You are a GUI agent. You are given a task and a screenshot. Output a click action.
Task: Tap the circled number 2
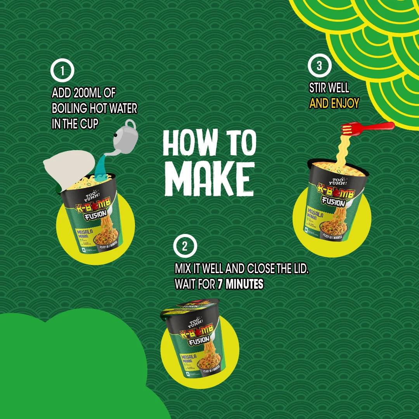click(185, 246)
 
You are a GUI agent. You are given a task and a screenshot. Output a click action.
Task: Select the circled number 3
click(319, 66)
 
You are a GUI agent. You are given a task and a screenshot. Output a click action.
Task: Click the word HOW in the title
click(190, 143)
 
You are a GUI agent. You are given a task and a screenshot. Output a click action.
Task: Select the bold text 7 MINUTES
click(240, 284)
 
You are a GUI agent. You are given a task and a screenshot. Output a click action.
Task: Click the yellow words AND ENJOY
click(334, 103)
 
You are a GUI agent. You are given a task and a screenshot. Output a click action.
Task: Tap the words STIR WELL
click(329, 88)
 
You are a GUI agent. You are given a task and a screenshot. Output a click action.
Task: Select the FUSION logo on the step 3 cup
click(333, 202)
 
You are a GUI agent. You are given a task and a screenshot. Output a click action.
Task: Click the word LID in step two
click(300, 269)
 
